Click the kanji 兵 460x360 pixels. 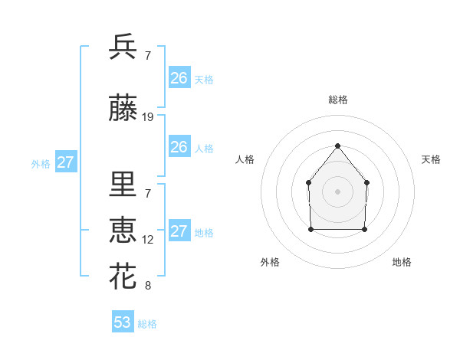click(123, 47)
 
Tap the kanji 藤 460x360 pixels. click(123, 110)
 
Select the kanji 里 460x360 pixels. click(123, 185)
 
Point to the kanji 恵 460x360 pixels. click(123, 231)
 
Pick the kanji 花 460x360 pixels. click(123, 277)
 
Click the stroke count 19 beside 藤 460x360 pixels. click(148, 117)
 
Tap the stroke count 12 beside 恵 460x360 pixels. click(148, 240)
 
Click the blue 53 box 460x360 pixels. click(123, 322)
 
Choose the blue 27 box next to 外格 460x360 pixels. click(66, 162)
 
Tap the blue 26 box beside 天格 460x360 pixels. click(179, 78)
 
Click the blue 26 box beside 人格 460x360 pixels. click(179, 147)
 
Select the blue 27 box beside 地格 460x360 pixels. click(179, 231)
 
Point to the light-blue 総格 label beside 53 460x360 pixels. click(147, 324)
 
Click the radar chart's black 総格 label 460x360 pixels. click(337, 100)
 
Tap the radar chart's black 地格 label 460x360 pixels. click(402, 262)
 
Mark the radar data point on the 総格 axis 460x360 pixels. click(337, 145)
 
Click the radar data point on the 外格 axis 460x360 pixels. click(310, 228)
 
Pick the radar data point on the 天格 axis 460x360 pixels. click(366, 182)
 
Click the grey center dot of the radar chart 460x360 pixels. click(337, 191)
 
